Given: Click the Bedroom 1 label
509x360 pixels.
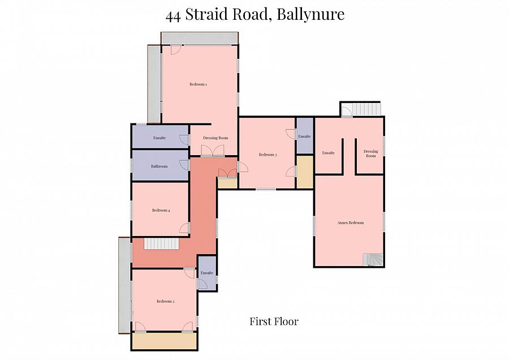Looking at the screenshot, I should click(198, 84).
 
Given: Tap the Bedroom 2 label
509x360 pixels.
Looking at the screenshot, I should click(165, 301).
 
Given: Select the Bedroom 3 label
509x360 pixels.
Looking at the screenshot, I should click(268, 155).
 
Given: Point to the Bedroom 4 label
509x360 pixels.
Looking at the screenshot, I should click(161, 210).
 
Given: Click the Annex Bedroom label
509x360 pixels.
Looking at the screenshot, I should click(350, 222).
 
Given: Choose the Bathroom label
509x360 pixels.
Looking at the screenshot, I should click(159, 166).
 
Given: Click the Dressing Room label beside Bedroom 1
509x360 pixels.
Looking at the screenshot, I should click(215, 138).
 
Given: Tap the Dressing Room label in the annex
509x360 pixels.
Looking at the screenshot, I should click(370, 153).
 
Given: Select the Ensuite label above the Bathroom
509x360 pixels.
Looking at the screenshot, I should click(159, 138).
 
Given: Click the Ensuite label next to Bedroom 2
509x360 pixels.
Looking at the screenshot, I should click(207, 273).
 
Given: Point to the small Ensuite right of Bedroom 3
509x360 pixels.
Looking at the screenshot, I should click(304, 136).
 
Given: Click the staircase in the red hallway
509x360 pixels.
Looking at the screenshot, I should click(161, 243).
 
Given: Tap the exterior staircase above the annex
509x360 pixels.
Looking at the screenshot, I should click(365, 109).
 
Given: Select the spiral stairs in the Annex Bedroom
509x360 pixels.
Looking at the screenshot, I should click(373, 259).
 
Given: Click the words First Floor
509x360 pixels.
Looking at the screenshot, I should click(274, 322).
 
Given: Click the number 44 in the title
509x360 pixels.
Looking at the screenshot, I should click(173, 15).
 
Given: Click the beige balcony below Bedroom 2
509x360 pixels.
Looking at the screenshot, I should click(164, 341).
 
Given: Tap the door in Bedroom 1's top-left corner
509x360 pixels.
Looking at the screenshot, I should click(175, 49).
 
